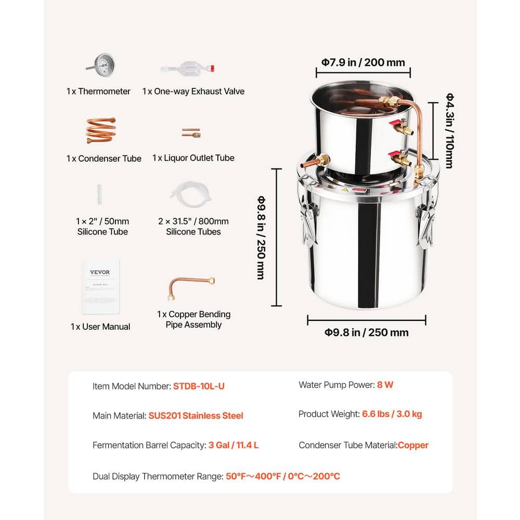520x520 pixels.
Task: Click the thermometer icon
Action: click(100, 66)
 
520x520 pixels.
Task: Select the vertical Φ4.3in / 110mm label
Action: click(449, 131)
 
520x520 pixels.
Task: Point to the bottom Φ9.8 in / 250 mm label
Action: click(367, 332)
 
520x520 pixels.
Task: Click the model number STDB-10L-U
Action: click(199, 386)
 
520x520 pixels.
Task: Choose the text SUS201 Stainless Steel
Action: click(196, 415)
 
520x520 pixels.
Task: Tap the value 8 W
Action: click(385, 385)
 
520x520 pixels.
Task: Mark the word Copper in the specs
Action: click(413, 445)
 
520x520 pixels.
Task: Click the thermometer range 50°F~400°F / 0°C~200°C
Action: click(283, 476)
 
